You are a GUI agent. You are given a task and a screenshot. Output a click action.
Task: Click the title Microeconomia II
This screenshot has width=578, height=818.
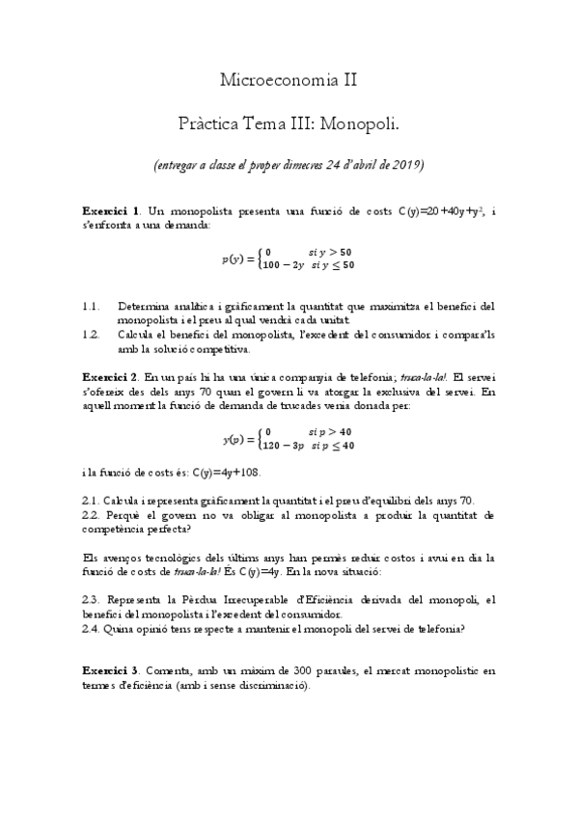click(289, 80)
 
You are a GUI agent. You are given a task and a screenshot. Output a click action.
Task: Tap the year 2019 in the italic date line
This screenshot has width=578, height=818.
click(405, 164)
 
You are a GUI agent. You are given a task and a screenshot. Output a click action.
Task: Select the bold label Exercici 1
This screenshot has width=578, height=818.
click(111, 209)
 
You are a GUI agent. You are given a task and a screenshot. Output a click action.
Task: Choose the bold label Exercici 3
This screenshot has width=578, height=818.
click(111, 669)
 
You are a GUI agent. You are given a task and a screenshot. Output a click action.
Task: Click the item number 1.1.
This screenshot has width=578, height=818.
click(92, 307)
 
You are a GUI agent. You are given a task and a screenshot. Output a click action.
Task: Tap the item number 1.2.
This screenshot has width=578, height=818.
click(92, 334)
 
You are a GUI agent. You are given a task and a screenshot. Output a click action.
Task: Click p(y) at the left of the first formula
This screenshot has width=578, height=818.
click(234, 259)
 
